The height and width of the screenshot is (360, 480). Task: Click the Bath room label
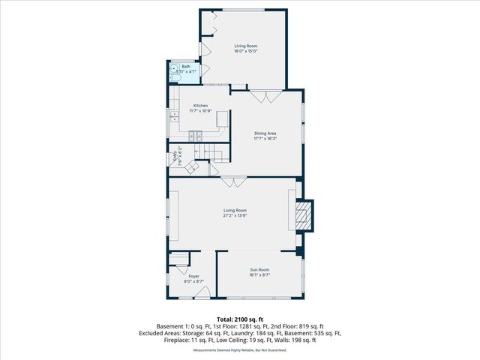click(186, 66)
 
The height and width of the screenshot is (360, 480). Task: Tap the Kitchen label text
click(200, 106)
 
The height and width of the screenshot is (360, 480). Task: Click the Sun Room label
click(259, 269)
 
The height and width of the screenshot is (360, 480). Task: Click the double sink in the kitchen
click(174, 116)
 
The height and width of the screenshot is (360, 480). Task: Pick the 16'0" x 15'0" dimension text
click(245, 51)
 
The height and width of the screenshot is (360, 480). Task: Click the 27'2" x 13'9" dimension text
click(235, 215)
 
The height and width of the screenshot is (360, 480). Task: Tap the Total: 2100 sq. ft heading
click(239, 319)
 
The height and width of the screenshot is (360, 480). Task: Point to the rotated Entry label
click(177, 158)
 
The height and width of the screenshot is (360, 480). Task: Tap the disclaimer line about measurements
click(239, 350)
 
